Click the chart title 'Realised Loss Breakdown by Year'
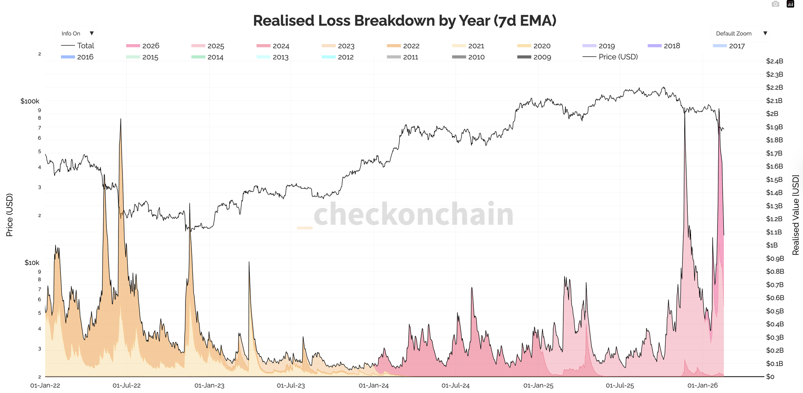point(404,21)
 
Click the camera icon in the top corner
point(775,4)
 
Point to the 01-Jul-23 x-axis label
point(291,386)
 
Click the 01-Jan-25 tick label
point(538,386)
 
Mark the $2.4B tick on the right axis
point(774,61)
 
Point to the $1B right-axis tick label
point(772,245)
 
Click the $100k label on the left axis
point(30,101)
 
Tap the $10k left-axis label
point(32,263)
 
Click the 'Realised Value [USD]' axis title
point(795,215)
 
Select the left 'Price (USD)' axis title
point(10,215)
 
